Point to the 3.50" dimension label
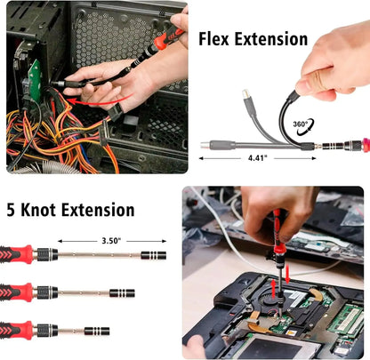(x=111, y=240)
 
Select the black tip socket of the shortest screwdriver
(x=98, y=331)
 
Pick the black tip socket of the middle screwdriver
(x=120, y=292)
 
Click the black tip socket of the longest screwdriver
(x=153, y=255)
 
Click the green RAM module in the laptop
(x=342, y=320)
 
